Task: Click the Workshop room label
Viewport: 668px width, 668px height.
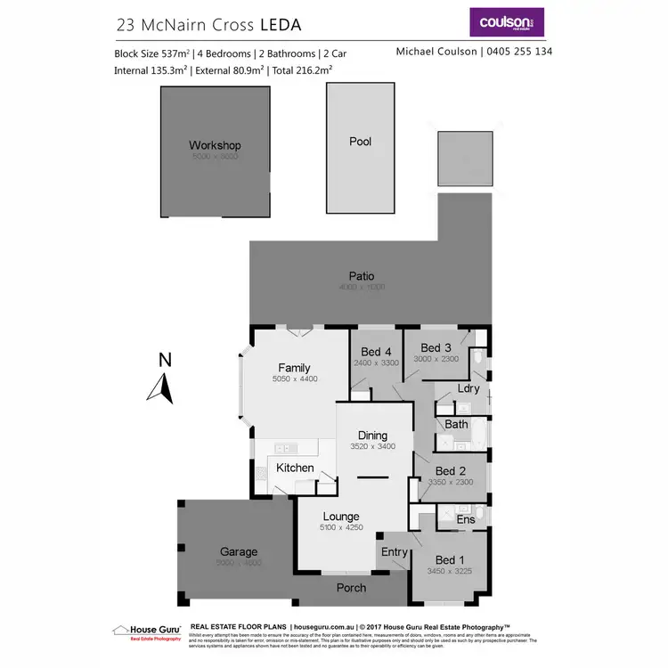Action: (215, 145)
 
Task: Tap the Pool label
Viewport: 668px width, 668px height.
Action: (361, 142)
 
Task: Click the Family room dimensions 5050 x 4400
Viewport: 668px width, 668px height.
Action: (294, 379)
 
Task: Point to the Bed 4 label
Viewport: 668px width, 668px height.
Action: (376, 350)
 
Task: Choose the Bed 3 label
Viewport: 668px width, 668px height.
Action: (436, 347)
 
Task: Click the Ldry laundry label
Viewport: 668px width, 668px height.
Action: (468, 388)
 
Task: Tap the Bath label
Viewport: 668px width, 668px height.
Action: (456, 424)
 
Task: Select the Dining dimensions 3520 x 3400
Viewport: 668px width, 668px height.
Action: (372, 447)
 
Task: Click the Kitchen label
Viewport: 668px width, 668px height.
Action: (295, 468)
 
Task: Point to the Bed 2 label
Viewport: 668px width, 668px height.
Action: (451, 471)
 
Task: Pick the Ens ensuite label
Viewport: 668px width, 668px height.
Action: (465, 519)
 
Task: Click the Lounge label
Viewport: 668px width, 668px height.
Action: (341, 517)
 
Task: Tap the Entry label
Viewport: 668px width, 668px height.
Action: (395, 552)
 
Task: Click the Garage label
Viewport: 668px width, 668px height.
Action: (239, 552)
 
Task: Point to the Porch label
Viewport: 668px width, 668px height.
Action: (351, 588)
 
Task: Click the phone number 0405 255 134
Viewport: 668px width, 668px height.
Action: (519, 52)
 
